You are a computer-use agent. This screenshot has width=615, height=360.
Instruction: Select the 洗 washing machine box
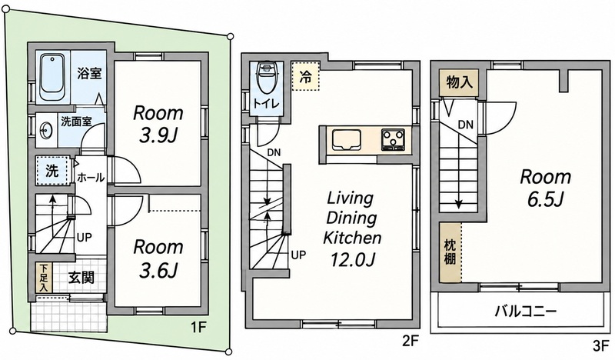pos(52,171)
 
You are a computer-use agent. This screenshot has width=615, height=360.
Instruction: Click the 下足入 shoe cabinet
pos(45,278)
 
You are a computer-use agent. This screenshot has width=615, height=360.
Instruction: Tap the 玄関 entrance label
pos(81,278)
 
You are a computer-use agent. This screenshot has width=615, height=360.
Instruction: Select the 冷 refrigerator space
pos(306,75)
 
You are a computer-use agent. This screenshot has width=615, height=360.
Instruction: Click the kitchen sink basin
pos(347,141)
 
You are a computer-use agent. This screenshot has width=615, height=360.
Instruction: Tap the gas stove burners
pos(394,140)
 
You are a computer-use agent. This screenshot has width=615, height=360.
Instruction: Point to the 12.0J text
pos(353,259)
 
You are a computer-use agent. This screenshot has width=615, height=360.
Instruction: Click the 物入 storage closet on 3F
pos(459,83)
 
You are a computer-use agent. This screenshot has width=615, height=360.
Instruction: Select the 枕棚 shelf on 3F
pos(450,252)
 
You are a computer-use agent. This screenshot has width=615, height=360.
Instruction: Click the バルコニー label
pos(526,312)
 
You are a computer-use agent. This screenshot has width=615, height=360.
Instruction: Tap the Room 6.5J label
pos(545,188)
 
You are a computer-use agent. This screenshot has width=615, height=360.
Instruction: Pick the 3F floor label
pos(601,346)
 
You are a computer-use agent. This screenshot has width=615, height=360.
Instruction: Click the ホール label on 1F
pos(91,178)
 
